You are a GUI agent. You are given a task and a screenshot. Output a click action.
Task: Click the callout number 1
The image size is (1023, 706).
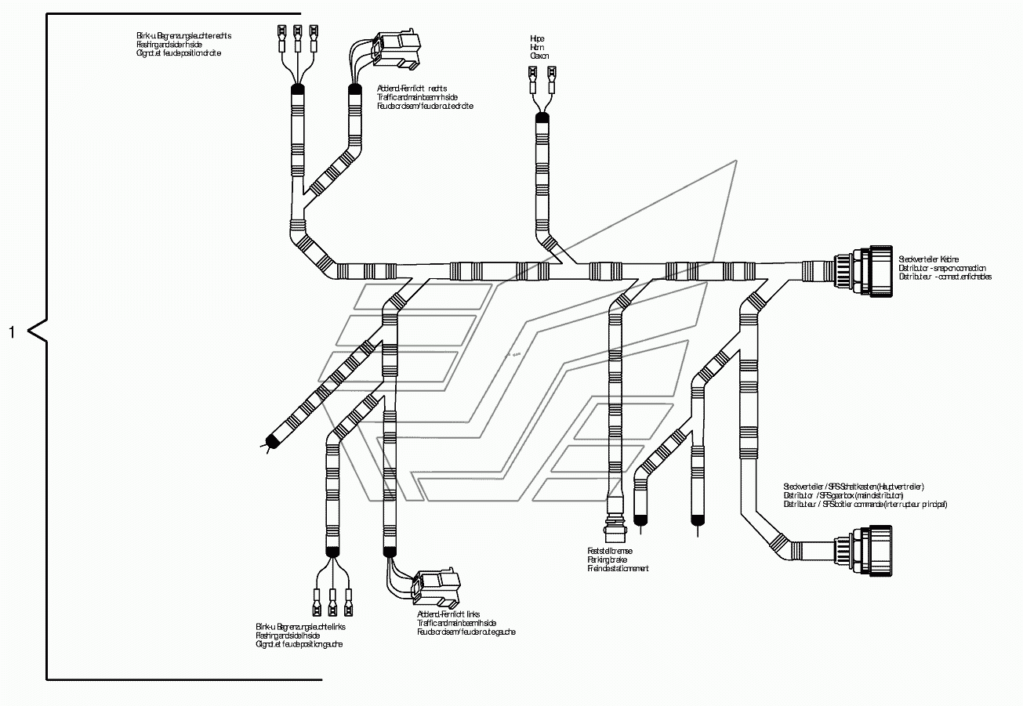pos(12,332)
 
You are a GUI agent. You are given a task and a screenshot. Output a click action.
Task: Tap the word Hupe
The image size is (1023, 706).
pos(537,38)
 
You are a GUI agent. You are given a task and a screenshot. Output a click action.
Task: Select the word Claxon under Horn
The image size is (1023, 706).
pos(539,56)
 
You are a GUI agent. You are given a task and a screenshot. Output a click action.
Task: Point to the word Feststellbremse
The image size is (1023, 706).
pos(610,551)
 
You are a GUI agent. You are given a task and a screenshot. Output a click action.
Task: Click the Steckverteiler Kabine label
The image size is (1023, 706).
pos(929,259)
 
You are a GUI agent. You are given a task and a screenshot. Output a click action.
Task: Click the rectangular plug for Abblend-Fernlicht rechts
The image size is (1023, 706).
pos(398,48)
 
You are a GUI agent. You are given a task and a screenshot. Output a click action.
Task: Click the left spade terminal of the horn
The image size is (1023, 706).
pos(531,78)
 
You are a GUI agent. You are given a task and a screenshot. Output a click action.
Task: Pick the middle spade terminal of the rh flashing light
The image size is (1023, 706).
pos(298,34)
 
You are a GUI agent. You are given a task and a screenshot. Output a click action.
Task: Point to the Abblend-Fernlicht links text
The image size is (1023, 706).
pos(448,614)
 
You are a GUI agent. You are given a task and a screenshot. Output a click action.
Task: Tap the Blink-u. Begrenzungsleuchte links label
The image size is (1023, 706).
pos(301,628)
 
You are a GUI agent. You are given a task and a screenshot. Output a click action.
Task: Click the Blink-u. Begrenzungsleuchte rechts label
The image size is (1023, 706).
pos(184,36)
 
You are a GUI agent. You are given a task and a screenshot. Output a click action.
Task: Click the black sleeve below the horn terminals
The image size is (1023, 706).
pos(541,118)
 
